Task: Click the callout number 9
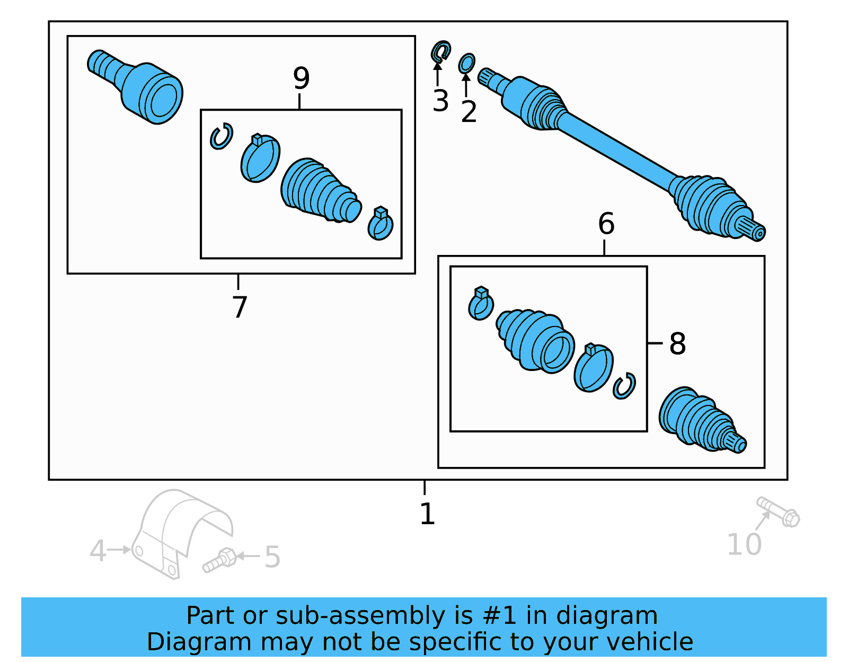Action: coord(301,78)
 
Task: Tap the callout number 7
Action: coord(240,307)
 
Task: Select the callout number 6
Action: coord(606,224)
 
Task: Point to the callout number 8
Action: coord(677,343)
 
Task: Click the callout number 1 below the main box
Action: coord(427,514)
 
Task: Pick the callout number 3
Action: coord(440,101)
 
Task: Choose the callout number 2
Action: coord(469,112)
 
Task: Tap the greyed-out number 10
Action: coord(744,544)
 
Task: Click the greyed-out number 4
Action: coord(98,551)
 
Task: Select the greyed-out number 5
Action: coord(272,557)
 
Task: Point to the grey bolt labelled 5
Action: coord(219,561)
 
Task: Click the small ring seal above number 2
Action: coord(466,64)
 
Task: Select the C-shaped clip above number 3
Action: coord(440,51)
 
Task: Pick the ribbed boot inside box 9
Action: coord(318,191)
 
